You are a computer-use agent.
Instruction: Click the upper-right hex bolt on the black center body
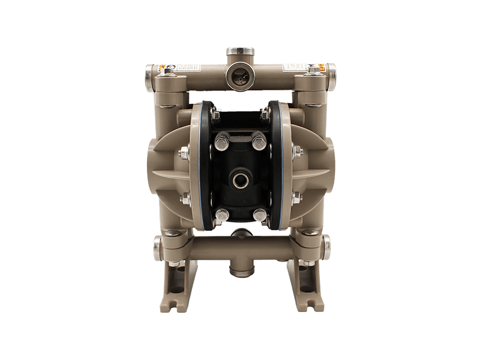(259, 142)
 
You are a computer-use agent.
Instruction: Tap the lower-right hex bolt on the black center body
(259, 214)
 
